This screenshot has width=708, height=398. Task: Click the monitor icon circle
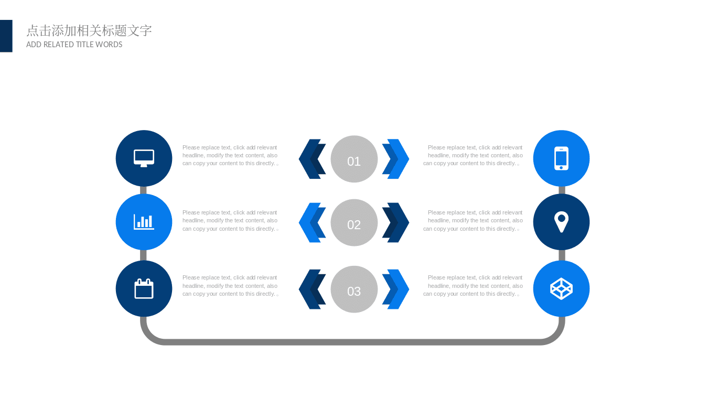tap(144, 158)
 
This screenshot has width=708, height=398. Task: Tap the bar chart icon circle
tap(144, 222)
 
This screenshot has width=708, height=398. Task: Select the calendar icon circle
tap(144, 288)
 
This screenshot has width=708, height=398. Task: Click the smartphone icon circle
tap(561, 158)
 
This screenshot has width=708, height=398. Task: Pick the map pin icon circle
tap(561, 222)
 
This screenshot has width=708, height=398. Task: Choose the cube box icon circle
tap(561, 288)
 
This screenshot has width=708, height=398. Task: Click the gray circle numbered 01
tap(354, 159)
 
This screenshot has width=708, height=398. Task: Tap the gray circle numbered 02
tap(354, 222)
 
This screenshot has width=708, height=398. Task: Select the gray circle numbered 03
tap(354, 289)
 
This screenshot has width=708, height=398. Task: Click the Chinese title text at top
tap(89, 30)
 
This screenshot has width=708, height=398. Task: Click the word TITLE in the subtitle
tap(85, 45)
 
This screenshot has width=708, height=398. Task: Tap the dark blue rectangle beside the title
tap(6, 36)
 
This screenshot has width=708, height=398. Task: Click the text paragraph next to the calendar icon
tap(230, 286)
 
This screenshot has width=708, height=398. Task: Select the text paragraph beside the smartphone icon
tap(473, 156)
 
